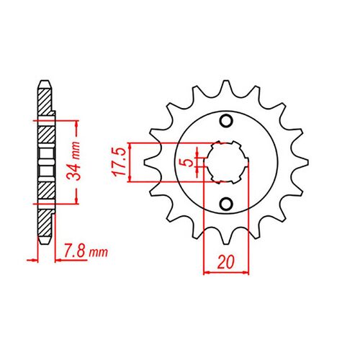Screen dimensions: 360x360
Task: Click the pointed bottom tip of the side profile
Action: [x=45, y=245]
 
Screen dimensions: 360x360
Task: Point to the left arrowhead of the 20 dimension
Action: [x=208, y=272]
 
